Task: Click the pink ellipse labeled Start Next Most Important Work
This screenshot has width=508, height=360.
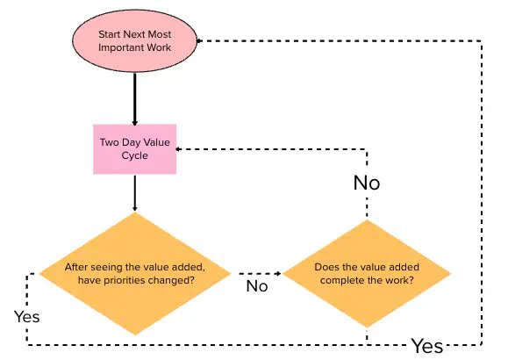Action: click(x=134, y=41)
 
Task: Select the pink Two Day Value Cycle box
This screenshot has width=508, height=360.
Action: click(x=135, y=149)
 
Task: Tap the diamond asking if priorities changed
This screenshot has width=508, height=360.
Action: click(x=135, y=274)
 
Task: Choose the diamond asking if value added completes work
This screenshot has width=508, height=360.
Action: click(x=367, y=274)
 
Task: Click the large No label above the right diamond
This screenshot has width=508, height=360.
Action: click(x=367, y=183)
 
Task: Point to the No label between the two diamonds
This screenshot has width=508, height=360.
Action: click(x=257, y=286)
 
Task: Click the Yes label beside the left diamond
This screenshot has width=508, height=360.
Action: click(x=27, y=317)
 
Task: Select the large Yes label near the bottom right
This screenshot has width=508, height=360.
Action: click(x=427, y=346)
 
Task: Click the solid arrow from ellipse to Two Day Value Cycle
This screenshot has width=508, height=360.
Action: click(x=135, y=99)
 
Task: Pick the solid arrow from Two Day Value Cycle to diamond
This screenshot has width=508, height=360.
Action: click(x=135, y=193)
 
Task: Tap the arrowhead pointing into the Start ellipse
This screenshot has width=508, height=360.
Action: click(x=199, y=41)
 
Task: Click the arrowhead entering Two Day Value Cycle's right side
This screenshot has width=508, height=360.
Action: click(x=178, y=149)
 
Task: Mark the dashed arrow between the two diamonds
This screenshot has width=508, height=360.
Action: click(x=261, y=274)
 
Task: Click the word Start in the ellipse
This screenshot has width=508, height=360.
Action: click(x=110, y=34)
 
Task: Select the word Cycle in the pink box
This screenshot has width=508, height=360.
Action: click(x=135, y=155)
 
